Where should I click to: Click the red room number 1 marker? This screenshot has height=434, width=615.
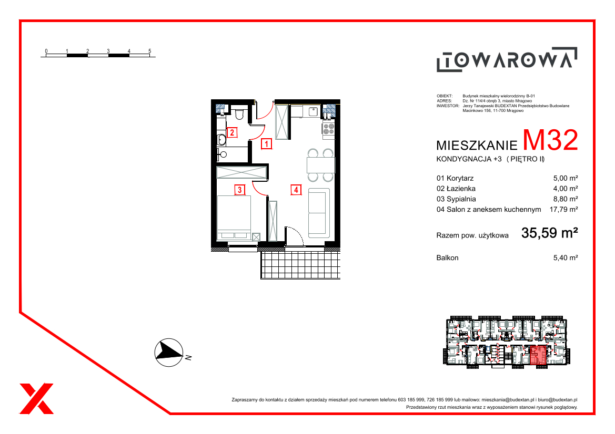tap(266, 144)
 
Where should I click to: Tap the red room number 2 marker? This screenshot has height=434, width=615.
tap(232, 132)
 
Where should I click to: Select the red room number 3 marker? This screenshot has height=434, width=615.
tap(240, 190)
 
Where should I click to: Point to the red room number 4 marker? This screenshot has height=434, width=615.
tap(296, 190)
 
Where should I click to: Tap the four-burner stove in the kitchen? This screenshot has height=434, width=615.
tap(329, 129)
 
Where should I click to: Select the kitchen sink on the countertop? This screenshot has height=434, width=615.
tap(313, 111)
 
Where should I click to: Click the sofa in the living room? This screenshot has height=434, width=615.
tap(319, 213)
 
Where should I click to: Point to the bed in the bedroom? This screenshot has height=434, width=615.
tap(234, 218)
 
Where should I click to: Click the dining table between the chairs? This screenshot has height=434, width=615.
tap(321, 165)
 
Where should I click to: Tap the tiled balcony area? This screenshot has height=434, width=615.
tap(300, 265)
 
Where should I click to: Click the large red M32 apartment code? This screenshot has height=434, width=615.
tap(550, 140)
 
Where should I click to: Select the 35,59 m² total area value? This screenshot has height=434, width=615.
tap(549, 233)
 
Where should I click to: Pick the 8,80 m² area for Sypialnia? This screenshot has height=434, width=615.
tap(566, 199)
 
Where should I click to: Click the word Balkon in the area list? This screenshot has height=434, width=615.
tap(448, 258)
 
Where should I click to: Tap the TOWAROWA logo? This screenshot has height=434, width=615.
tap(507, 59)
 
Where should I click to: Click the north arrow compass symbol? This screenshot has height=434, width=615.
tap(169, 353)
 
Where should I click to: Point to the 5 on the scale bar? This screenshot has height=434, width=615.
tap(150, 51)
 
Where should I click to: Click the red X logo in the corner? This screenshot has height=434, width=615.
tap(36, 398)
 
